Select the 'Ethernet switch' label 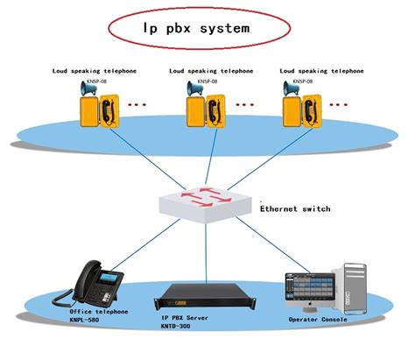point(295,209)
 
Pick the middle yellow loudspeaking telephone point(203,111)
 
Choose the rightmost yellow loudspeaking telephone point(300,111)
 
